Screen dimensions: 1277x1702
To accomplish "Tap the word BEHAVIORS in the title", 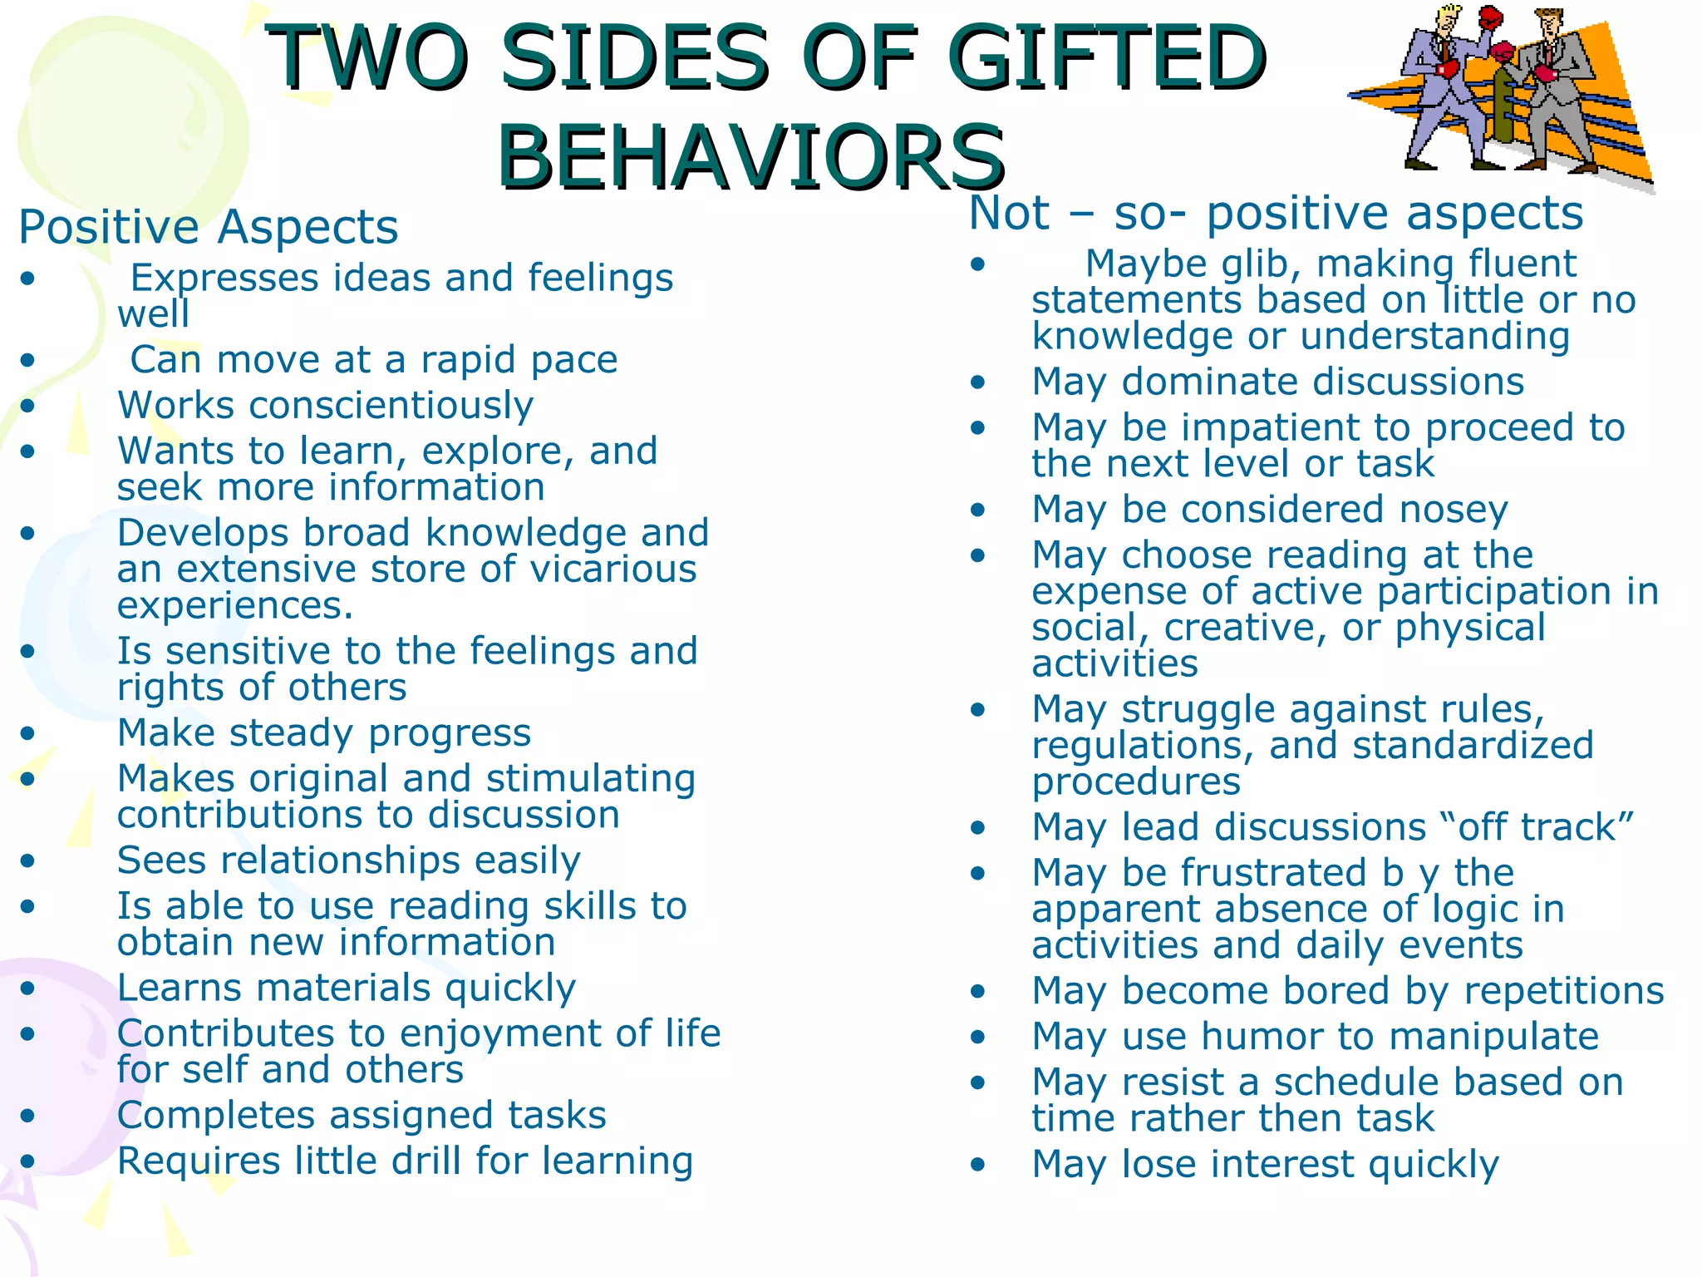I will pyautogui.click(x=752, y=156).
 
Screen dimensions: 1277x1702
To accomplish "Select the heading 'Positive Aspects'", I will pyautogui.click(x=209, y=227).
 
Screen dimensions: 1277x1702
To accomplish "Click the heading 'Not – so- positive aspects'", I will pyautogui.click(x=1276, y=213).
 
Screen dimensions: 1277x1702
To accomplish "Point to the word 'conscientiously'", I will pyautogui.click(x=391, y=406).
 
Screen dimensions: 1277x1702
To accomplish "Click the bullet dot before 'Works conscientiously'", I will pyautogui.click(x=28, y=407).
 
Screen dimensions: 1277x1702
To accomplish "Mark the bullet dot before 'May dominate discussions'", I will pyautogui.click(x=977, y=382).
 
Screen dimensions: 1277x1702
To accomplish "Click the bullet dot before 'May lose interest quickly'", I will pyautogui.click(x=977, y=1166).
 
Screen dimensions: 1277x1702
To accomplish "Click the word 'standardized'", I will pyautogui.click(x=1473, y=746).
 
